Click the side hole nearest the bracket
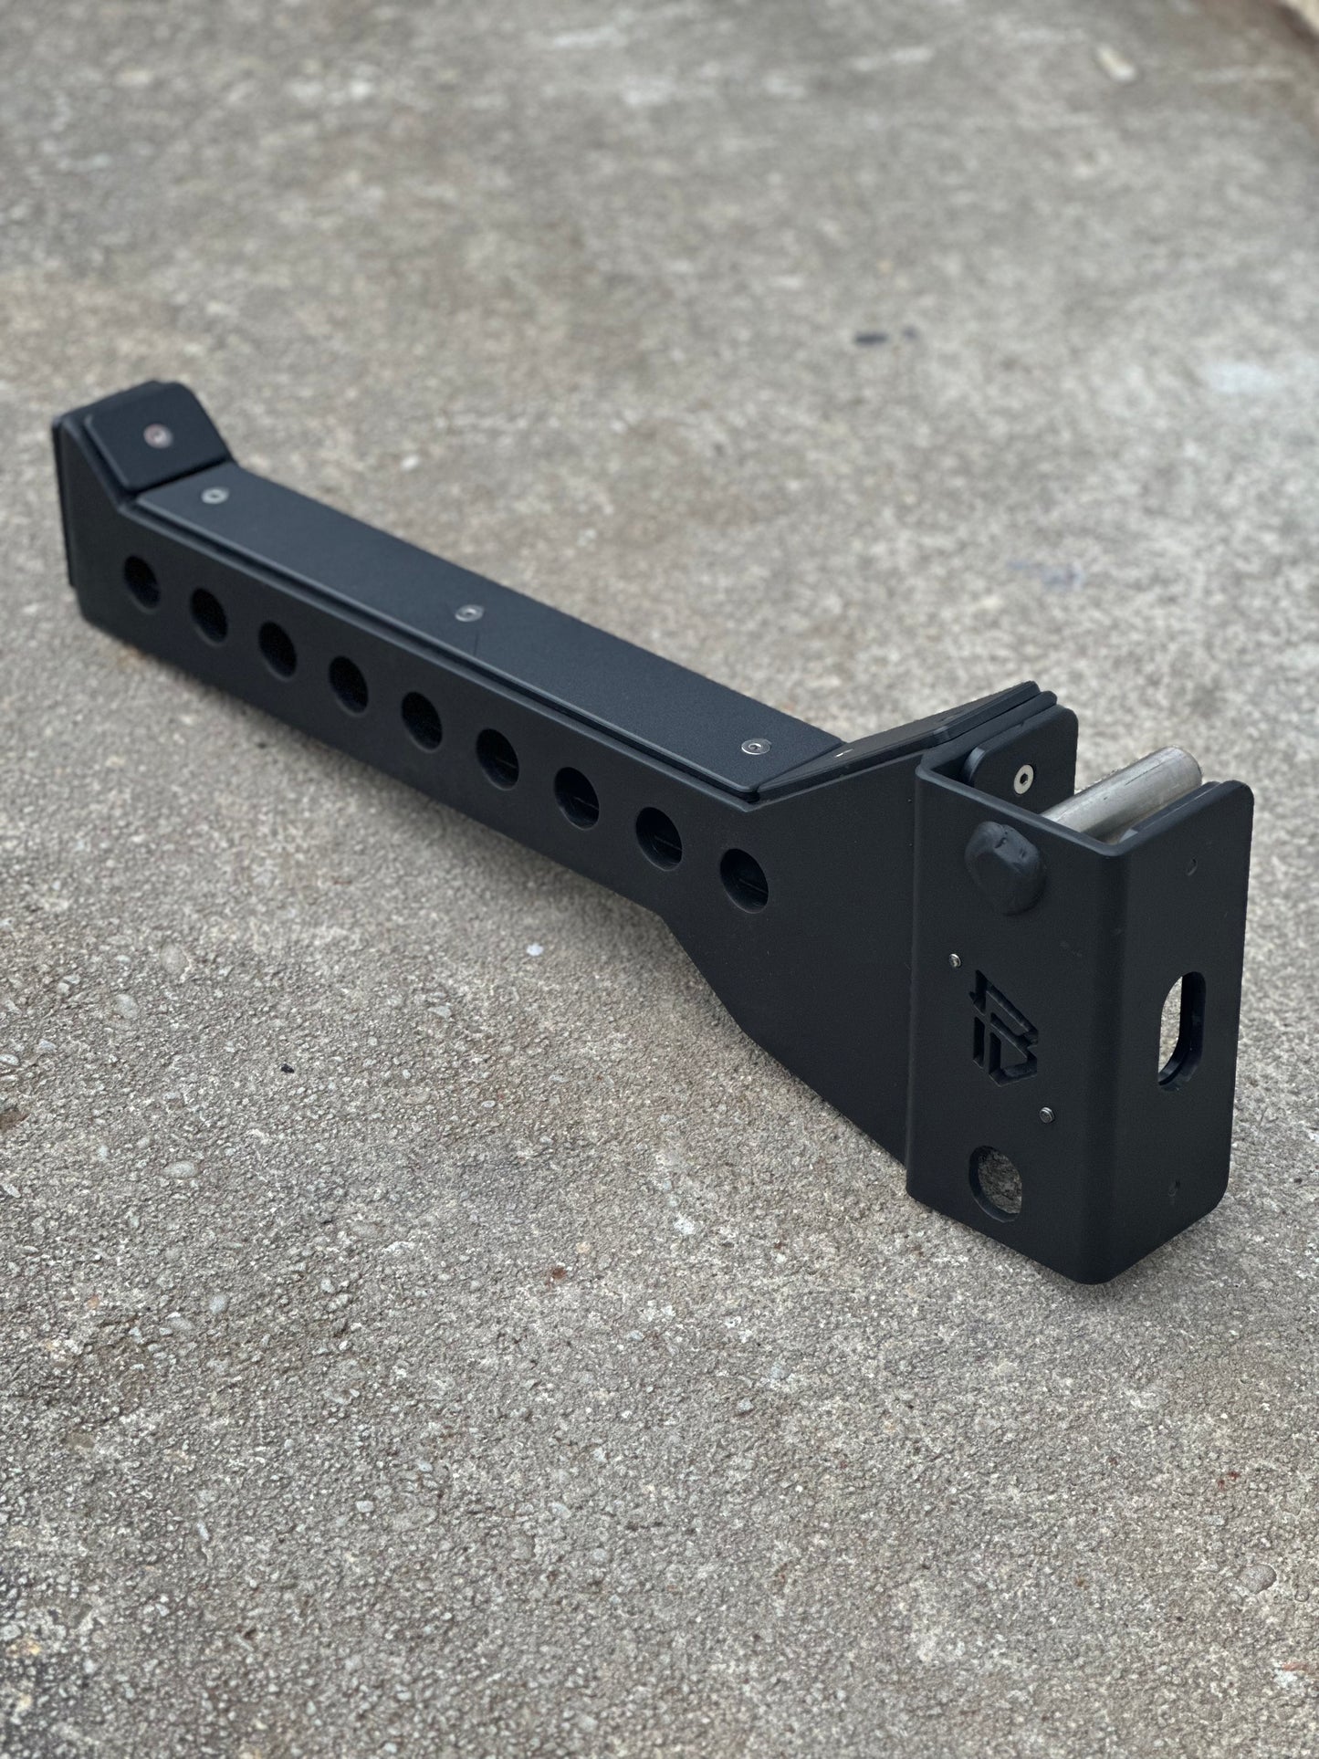pos(743,874)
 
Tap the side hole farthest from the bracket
pos(141,581)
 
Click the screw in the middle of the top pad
pos(470,611)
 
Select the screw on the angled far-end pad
pos(162,435)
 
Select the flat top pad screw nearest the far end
pos(215,496)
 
